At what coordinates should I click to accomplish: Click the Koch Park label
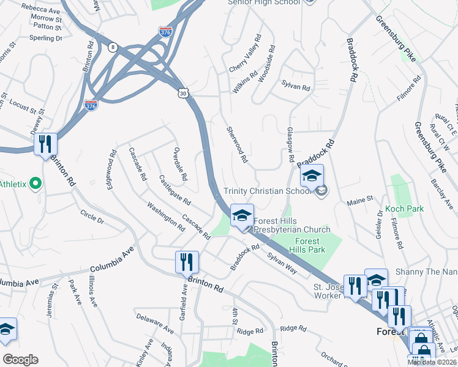tap(405, 209)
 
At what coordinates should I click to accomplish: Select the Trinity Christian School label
tap(267, 191)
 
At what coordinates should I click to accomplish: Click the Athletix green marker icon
tap(35, 183)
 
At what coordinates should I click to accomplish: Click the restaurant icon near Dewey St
tap(45, 144)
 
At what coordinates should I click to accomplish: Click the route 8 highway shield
tap(112, 46)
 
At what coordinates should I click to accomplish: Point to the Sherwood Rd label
tap(237, 144)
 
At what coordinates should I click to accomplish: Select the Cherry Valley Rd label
tap(246, 59)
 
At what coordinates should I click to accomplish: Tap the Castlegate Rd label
tap(175, 190)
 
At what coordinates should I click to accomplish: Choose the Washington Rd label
tap(166, 217)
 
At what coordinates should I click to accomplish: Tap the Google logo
tap(20, 359)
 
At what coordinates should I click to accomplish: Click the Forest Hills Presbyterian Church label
tap(293, 226)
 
